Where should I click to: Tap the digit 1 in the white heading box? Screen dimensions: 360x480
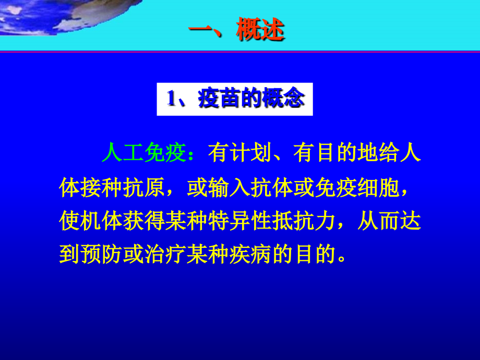tap(170, 99)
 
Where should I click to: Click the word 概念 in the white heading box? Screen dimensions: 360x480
tap(283, 99)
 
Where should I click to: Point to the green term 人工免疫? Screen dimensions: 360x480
tap(143, 154)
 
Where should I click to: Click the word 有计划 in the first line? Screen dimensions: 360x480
tap(239, 154)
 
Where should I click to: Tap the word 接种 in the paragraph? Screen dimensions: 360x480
tap(102, 188)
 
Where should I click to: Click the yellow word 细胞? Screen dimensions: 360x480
tap(379, 188)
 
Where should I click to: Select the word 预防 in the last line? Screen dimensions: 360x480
tap(102, 256)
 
